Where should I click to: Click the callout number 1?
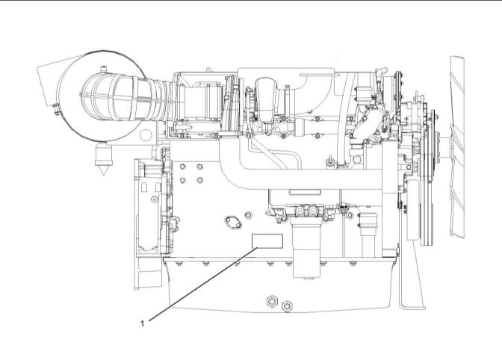point(142,323)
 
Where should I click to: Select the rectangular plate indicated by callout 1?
point(267,240)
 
